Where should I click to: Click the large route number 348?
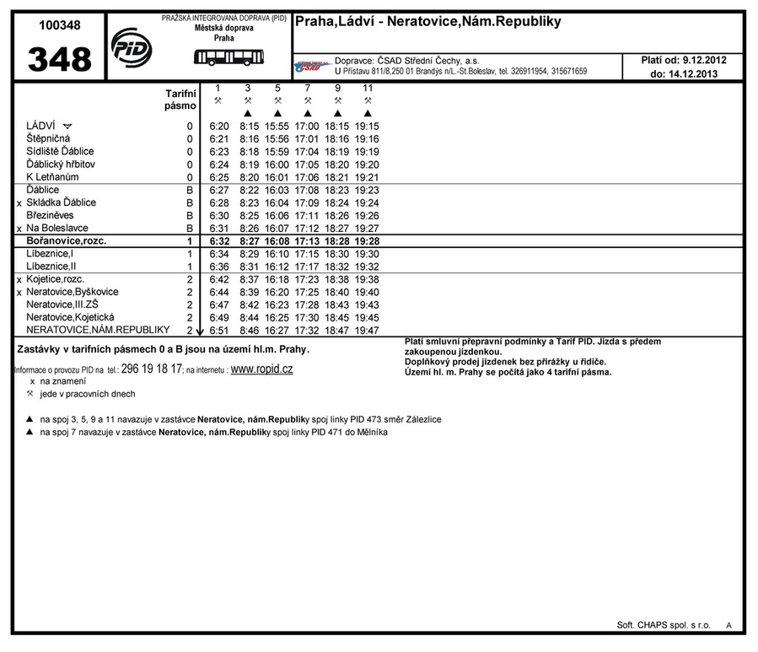[x=60, y=60]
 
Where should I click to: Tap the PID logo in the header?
[x=131, y=47]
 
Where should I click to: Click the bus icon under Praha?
[x=228, y=57]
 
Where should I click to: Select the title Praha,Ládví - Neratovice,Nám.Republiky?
[x=427, y=22]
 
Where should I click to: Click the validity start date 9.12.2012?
[x=704, y=60]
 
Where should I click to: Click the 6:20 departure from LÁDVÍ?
[x=218, y=127]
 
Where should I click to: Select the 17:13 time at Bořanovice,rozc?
[x=307, y=241]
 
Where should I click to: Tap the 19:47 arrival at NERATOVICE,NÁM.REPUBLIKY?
[x=367, y=331]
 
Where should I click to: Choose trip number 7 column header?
[x=307, y=88]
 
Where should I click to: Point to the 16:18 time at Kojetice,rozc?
[x=277, y=279]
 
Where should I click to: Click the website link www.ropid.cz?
[x=261, y=369]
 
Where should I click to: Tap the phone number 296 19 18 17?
[x=152, y=369]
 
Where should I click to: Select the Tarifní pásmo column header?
[x=180, y=100]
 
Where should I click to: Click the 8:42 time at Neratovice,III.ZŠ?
[x=249, y=305]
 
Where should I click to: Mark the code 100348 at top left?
[x=60, y=25]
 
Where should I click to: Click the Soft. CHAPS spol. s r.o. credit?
[x=664, y=625]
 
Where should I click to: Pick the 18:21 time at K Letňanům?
[x=336, y=178]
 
